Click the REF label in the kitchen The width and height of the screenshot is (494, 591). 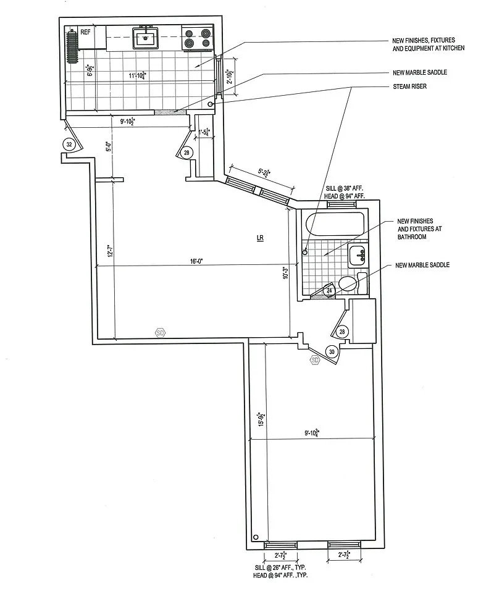click(86, 31)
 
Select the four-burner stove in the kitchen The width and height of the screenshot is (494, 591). click(197, 38)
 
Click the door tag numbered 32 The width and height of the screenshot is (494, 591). click(70, 144)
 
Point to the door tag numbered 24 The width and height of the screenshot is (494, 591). click(329, 290)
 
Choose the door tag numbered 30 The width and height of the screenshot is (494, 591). click(332, 352)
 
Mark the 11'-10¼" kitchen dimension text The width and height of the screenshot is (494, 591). click(137, 75)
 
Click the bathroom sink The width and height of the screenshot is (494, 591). click(358, 254)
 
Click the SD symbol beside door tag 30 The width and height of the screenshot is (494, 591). click(314, 360)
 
